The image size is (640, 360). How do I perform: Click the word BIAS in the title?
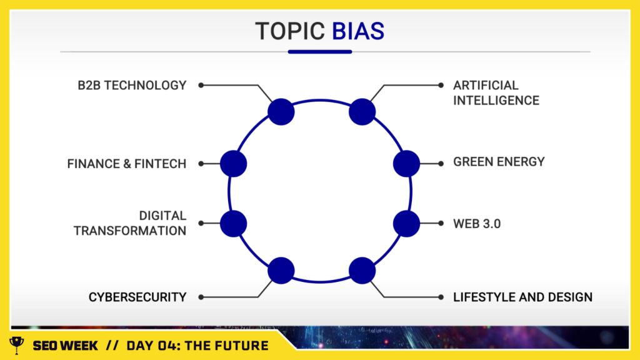tap(358, 31)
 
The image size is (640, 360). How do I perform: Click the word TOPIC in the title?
tap(290, 31)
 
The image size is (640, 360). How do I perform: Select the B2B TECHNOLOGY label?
tap(132, 85)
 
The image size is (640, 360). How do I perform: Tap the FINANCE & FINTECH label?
tap(126, 164)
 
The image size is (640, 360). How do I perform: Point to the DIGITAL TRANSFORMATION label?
tap(130, 223)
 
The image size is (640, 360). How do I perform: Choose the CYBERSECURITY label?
tap(137, 297)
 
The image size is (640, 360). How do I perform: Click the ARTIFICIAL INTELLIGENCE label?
tap(496, 93)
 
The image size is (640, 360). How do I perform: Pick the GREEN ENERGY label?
tap(499, 162)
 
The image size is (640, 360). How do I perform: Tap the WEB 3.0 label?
tap(477, 224)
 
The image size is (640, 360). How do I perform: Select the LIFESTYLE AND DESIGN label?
tap(523, 297)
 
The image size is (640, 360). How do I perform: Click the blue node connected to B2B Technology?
tap(281, 112)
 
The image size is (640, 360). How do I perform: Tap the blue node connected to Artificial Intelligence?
tap(362, 112)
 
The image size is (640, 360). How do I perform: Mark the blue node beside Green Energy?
tap(406, 164)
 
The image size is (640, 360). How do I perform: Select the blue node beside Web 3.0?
tap(406, 224)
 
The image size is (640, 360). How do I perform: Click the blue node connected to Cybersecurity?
tap(281, 271)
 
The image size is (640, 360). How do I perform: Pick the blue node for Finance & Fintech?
tap(234, 164)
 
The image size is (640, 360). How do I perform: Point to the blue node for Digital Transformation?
tap(234, 224)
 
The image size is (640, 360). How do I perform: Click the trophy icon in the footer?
tap(17, 345)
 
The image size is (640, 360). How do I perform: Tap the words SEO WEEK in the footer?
tap(65, 346)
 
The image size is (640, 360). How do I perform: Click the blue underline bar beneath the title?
tap(320, 52)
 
